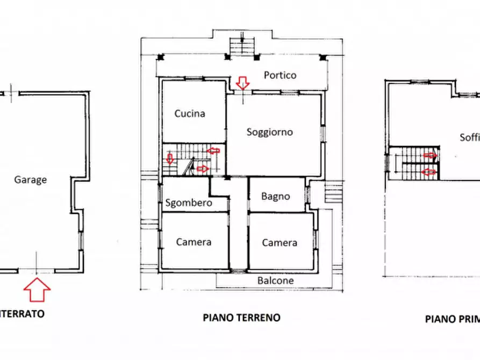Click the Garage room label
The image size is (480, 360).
(x=30, y=180)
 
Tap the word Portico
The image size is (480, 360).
(x=280, y=75)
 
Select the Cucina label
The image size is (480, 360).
(x=190, y=113)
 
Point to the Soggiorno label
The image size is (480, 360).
(x=269, y=131)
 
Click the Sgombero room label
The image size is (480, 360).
(x=189, y=203)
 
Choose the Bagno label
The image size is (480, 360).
(x=275, y=196)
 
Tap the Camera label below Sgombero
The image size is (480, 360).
(x=194, y=242)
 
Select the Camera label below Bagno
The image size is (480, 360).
(x=279, y=242)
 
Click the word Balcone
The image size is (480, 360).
(x=275, y=280)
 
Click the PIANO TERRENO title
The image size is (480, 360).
(x=241, y=317)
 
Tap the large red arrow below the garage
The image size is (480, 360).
(x=37, y=291)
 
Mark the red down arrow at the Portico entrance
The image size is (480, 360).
(x=243, y=83)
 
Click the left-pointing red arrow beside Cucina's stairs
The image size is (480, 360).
(x=213, y=151)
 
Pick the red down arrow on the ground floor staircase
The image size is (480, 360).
(x=170, y=159)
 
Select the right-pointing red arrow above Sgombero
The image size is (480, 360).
(x=202, y=169)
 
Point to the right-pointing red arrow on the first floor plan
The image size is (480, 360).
(x=429, y=156)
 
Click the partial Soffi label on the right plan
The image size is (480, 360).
(x=469, y=137)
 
